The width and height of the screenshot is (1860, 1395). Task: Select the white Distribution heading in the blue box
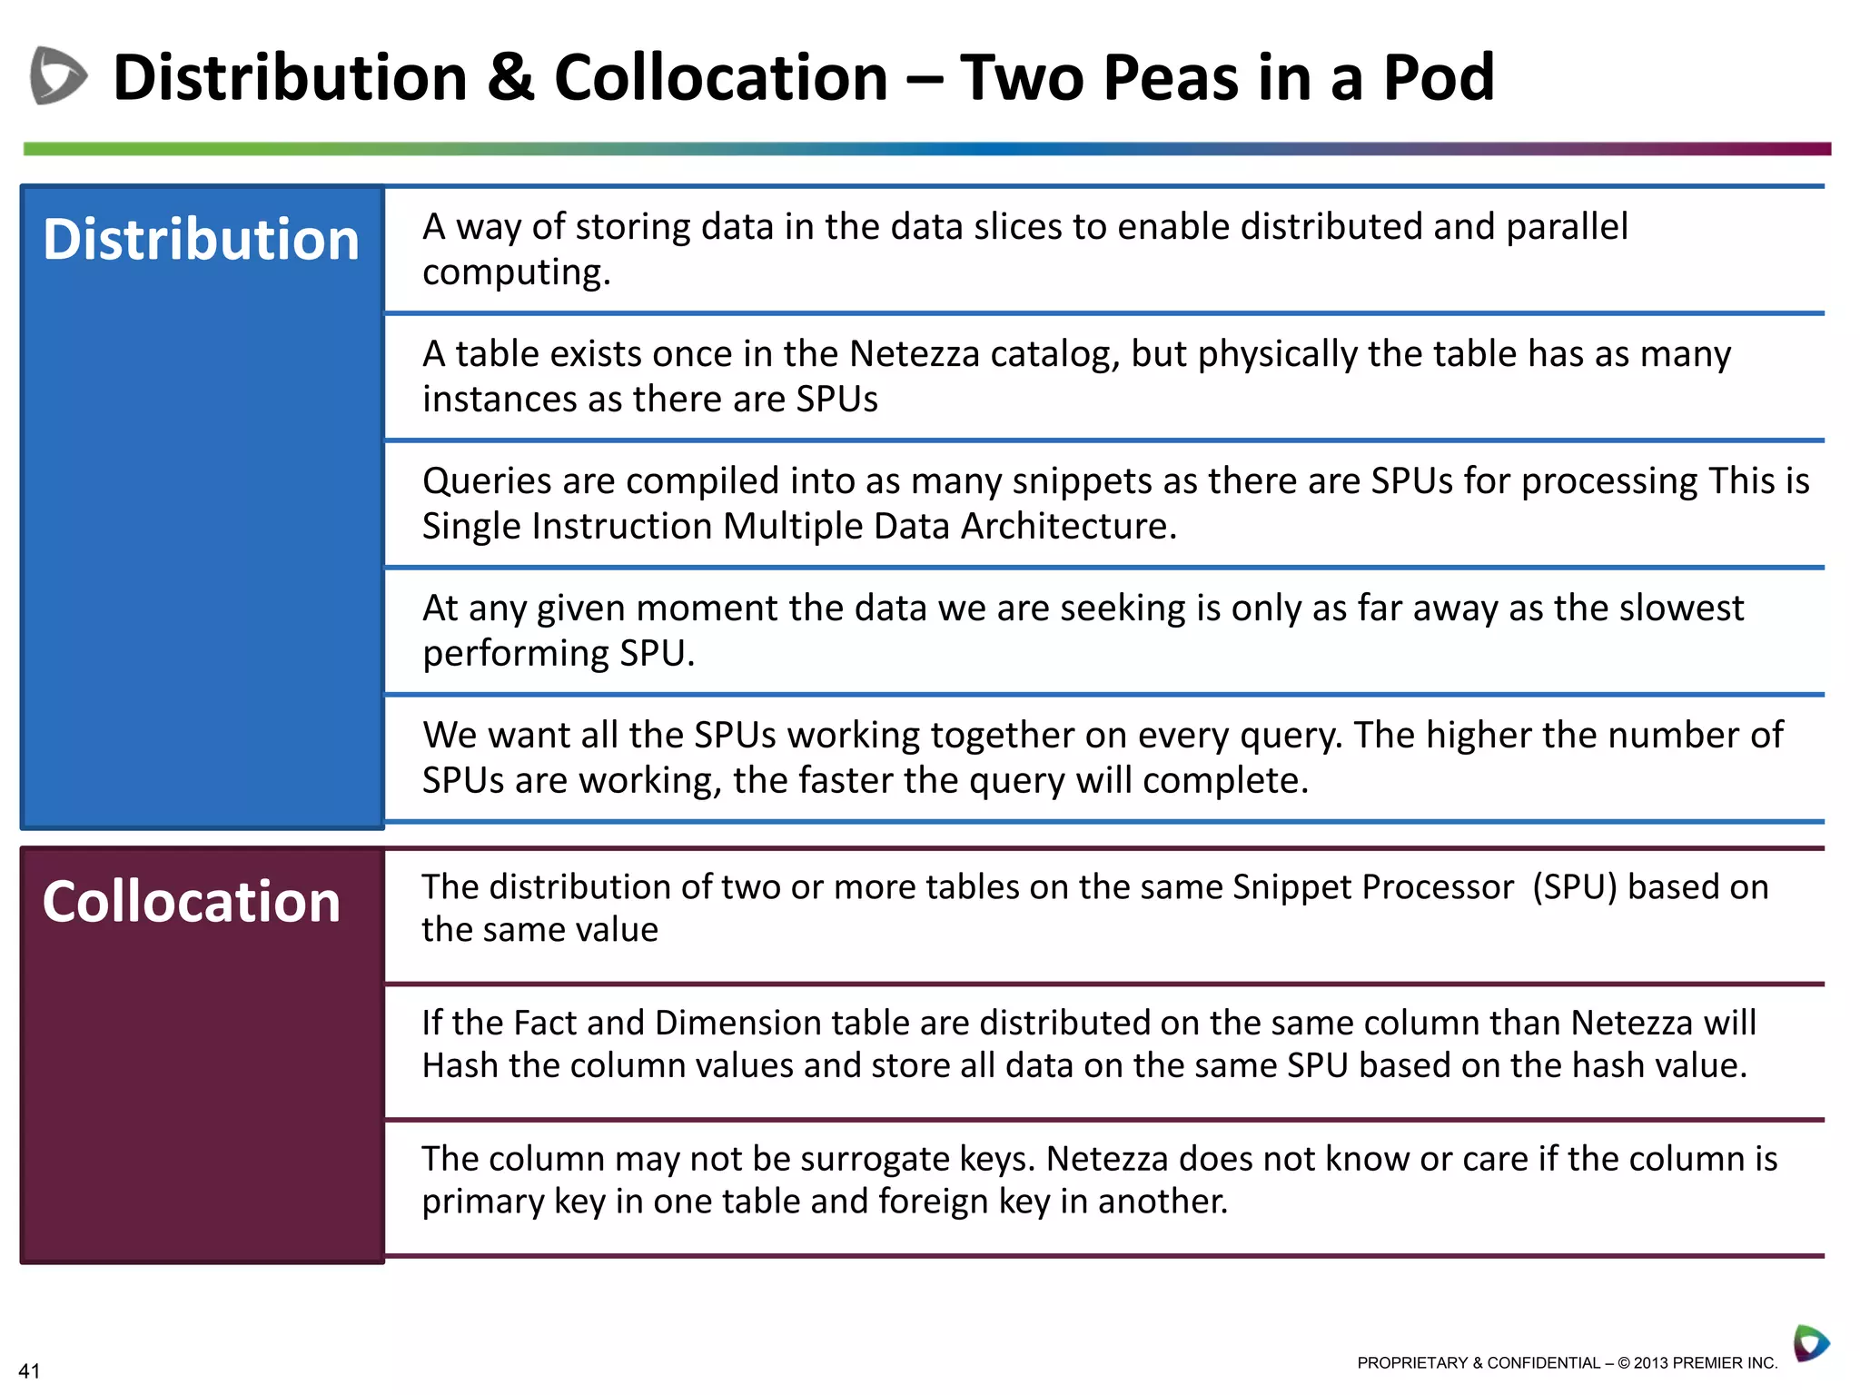point(201,240)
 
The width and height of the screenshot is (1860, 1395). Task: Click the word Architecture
point(1068,527)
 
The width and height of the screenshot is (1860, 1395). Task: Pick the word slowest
point(1677,608)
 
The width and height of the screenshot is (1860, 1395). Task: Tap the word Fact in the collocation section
point(545,1024)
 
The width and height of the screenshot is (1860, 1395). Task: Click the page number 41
point(29,1371)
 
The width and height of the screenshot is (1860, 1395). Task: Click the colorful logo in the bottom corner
point(1810,1343)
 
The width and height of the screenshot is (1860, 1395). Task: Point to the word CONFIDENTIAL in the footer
point(1543,1363)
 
